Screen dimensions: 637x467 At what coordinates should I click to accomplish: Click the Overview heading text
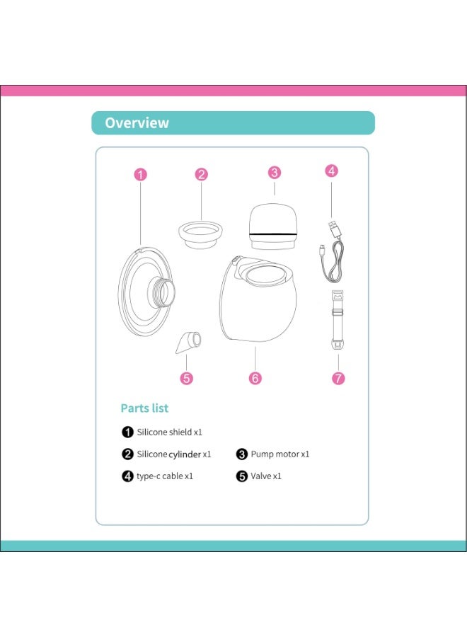click(137, 122)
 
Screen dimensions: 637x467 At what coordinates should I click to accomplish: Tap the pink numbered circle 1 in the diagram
click(141, 174)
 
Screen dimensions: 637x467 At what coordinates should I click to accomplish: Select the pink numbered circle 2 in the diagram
click(202, 174)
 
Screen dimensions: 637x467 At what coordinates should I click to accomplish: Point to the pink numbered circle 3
click(275, 172)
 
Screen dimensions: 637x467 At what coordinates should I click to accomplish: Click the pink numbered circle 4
click(332, 171)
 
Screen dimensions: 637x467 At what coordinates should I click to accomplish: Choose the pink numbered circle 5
click(187, 378)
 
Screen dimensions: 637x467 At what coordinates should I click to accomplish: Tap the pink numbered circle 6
click(255, 378)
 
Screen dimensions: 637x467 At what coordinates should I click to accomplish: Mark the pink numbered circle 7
click(338, 378)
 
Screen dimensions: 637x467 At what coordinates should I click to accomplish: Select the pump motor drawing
click(275, 225)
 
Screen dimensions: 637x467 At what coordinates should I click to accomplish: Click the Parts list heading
click(144, 408)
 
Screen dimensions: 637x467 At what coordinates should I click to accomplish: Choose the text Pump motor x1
click(280, 454)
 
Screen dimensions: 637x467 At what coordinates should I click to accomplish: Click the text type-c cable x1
click(165, 476)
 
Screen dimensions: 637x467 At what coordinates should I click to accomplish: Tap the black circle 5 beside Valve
click(242, 476)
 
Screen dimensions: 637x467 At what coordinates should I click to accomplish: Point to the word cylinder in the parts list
click(185, 454)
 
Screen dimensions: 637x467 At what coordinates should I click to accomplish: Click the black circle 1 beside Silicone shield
click(127, 431)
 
